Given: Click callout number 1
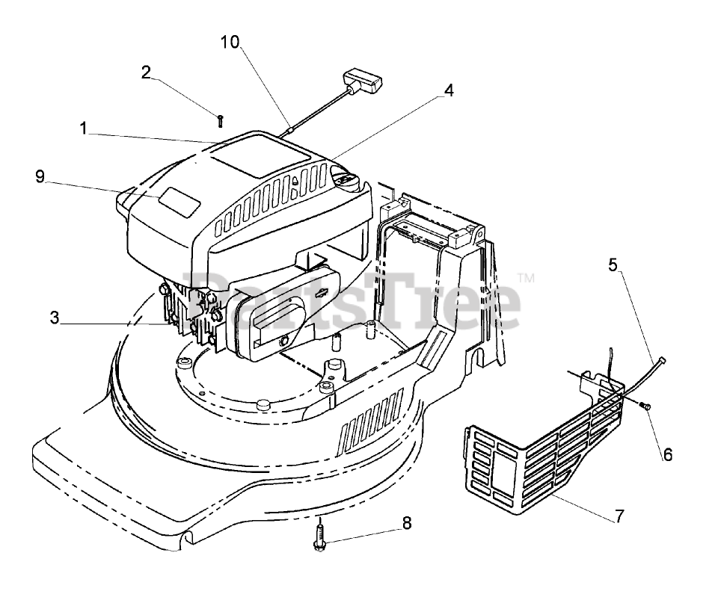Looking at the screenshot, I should point(85,129).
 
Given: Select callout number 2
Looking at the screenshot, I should point(147,72).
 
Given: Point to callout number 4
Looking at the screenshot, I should point(448,90).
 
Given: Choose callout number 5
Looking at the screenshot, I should point(613,265).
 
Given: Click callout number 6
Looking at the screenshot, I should point(668,454).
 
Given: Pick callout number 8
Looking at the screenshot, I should point(407,523).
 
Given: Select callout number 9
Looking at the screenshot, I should point(40,176).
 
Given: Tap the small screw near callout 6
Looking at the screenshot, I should point(645,405).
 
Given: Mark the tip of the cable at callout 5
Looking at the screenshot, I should point(662,361).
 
